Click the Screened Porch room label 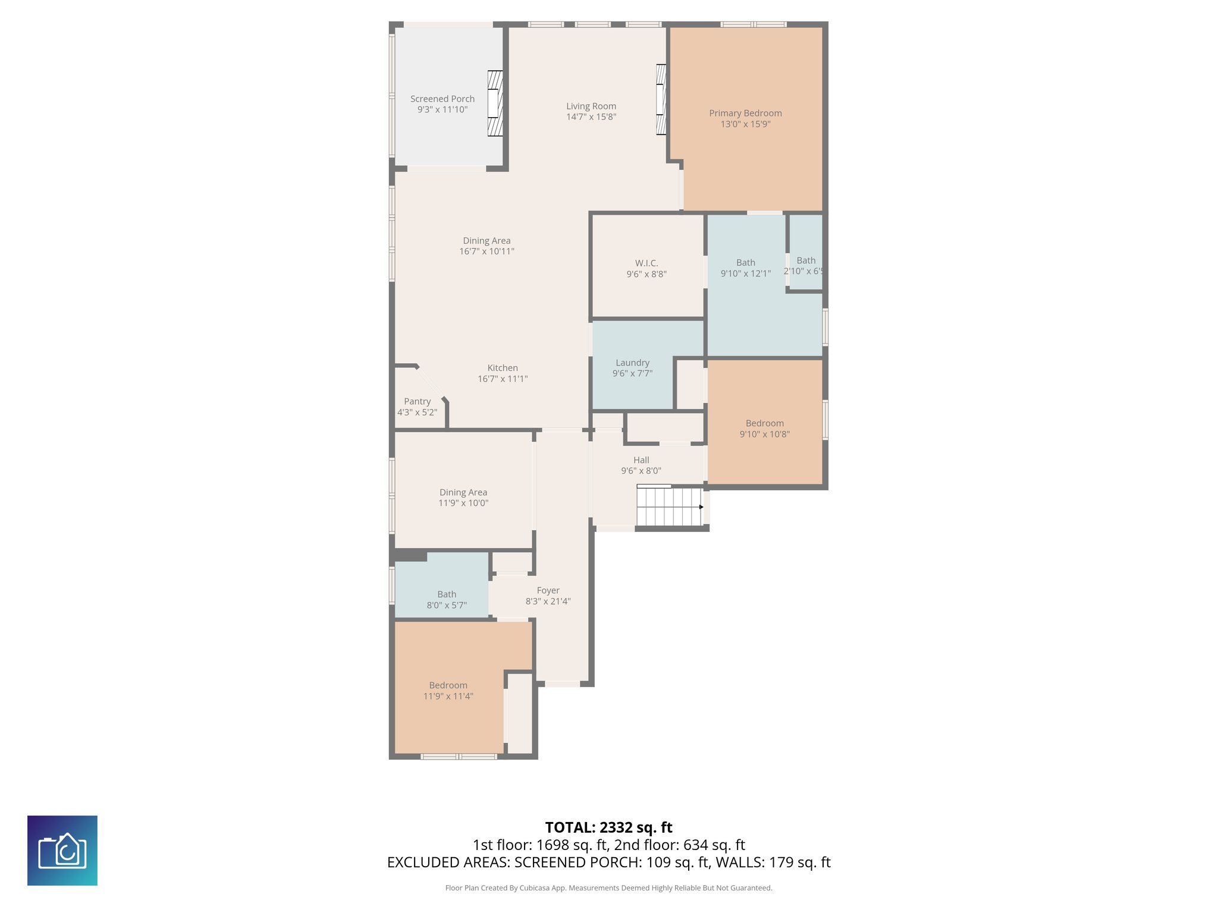442,99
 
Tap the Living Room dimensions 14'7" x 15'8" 591,117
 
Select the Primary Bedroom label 745,113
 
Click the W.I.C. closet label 646,263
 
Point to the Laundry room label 632,363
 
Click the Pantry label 417,401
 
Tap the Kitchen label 503,368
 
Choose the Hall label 641,460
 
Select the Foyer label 548,590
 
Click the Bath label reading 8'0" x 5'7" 447,600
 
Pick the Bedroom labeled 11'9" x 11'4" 448,691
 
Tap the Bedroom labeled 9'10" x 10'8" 764,429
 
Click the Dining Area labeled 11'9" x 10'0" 463,498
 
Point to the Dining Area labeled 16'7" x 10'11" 486,245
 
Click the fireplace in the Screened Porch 495,103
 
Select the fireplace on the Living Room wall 661,99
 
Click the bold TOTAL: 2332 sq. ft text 608,827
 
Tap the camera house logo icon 62,851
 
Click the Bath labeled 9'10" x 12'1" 745,268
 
